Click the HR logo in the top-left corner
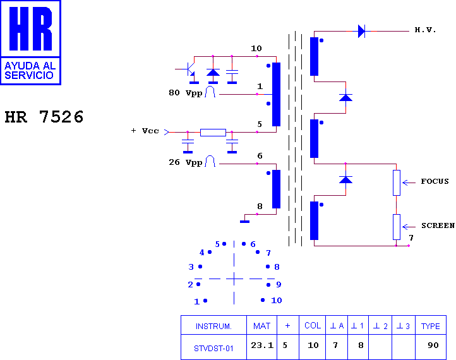[30, 42]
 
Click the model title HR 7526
[44, 117]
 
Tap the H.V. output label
[425, 30]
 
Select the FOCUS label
[435, 181]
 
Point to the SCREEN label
[438, 225]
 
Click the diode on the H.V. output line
[361, 31]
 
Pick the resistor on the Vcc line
[213, 133]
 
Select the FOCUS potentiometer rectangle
[397, 183]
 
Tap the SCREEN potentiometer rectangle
[397, 227]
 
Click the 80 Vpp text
[186, 93]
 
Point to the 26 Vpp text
[186, 162]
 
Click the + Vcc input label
[145, 131]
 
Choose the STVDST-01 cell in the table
[213, 348]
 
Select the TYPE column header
[430, 327]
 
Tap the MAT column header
[261, 327]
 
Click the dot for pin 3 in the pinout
[200, 267]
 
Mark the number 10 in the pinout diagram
[276, 301]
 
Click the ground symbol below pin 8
[244, 222]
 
